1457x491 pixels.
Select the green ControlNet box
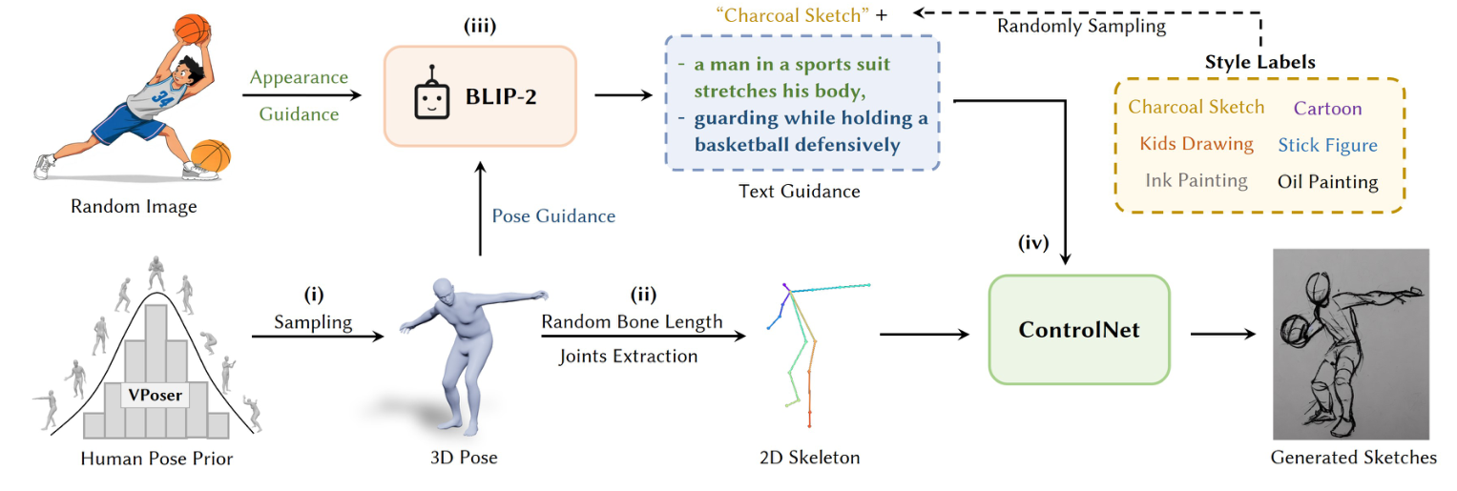(1078, 329)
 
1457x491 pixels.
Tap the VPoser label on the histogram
(156, 393)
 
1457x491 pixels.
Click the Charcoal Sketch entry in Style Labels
(1196, 107)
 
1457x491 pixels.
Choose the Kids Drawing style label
(1196, 144)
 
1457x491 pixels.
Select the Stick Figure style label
(1327, 145)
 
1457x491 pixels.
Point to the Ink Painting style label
(1196, 180)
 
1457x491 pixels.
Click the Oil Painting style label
(1327, 181)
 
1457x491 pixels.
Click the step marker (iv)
(1032, 242)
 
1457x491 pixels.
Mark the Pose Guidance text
(553, 216)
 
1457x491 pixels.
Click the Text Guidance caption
(799, 192)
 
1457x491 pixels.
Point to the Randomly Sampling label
(1081, 27)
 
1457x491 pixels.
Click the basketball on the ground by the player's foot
(211, 155)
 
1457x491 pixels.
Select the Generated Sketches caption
(1353, 458)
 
